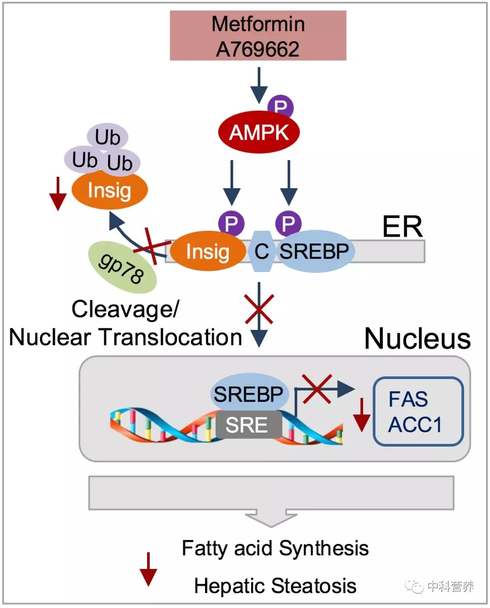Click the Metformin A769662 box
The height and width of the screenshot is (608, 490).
pos(258,36)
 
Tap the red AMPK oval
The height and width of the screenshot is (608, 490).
pos(259,132)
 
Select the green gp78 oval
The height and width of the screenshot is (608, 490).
pos(122,267)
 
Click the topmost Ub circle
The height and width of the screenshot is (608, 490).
pos(108,136)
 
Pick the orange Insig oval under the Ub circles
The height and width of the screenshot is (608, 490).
pos(109,190)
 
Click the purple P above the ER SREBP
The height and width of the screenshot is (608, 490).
pos(288,223)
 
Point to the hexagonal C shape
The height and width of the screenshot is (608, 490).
pos(261,252)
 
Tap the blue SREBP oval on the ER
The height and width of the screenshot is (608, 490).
pos(314,252)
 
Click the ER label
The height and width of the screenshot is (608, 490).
pos(402,226)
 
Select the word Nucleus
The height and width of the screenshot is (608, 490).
pos(417,339)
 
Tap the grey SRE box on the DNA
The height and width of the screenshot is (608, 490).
pos(248,425)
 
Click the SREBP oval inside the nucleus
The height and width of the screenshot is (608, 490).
pos(249,393)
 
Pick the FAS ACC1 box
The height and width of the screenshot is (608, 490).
pos(418,411)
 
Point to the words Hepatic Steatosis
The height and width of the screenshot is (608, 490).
pos(275,586)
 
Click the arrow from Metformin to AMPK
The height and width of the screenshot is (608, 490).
pos(259,85)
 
